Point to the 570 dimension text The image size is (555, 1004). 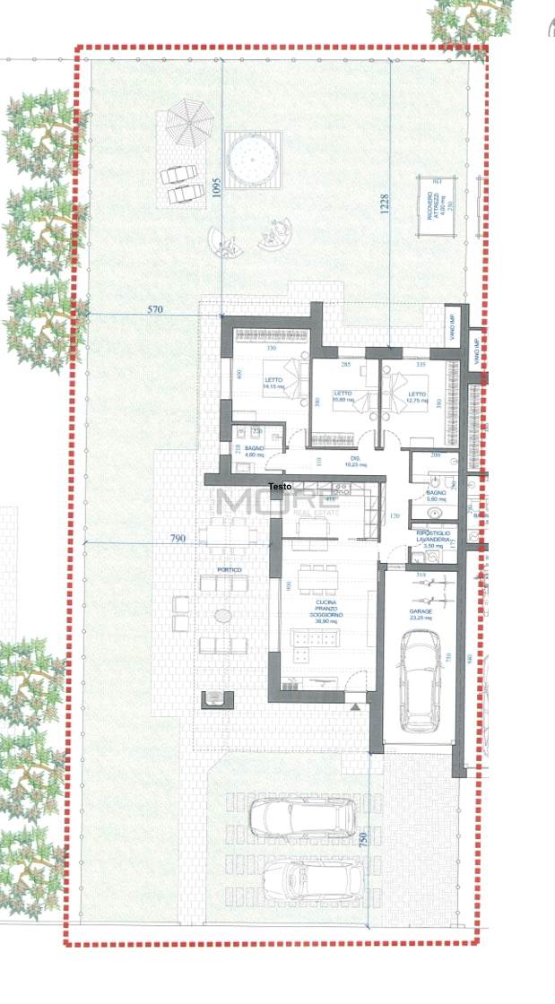coord(156,309)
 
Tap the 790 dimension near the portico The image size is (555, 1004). coord(178,538)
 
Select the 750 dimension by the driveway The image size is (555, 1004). coord(363,840)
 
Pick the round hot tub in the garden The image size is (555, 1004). coord(254,160)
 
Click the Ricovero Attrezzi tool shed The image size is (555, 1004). coord(437,206)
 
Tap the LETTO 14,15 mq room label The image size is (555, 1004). coord(273,384)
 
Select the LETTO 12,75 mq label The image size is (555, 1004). coord(418,397)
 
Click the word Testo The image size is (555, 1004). coord(280,487)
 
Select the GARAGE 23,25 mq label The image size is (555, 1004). coord(421,614)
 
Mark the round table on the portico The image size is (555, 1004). coord(222,616)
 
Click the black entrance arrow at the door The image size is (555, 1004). coord(358,706)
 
